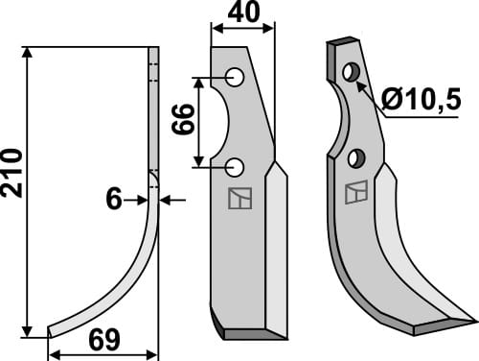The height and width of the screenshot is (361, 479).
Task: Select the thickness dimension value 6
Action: pyautogui.click(x=114, y=199)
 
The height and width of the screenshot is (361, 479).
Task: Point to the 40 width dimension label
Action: pyautogui.click(x=241, y=13)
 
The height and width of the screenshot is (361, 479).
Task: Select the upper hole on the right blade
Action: pyautogui.click(x=352, y=72)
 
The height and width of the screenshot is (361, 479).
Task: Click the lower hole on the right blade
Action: pyautogui.click(x=358, y=157)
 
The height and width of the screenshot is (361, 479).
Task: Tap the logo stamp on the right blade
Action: pyautogui.click(x=355, y=191)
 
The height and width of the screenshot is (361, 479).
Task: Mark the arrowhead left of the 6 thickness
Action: pyautogui.click(x=144, y=199)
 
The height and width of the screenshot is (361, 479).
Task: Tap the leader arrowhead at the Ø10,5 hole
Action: pyautogui.click(x=362, y=83)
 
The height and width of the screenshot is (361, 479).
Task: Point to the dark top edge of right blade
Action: pyautogui.click(x=341, y=44)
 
